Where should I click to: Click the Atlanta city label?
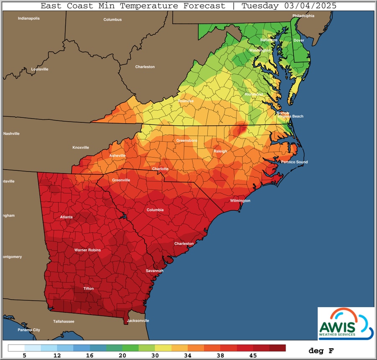click(66, 217)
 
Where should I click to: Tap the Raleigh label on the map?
click(220, 151)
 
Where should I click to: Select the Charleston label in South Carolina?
click(184, 243)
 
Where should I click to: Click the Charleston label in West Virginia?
click(145, 67)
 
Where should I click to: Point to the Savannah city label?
click(154, 271)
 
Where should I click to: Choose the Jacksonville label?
click(138, 321)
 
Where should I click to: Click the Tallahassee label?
click(63, 321)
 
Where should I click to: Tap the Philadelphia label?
click(303, 16)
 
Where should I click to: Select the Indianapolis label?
click(28, 18)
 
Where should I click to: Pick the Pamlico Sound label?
click(294, 162)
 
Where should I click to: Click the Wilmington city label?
click(240, 201)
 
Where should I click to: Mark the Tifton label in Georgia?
click(88, 289)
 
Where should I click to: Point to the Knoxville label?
click(80, 148)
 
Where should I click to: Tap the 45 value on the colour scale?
click(253, 355)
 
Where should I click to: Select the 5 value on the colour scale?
click(25, 355)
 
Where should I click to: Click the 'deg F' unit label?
click(322, 350)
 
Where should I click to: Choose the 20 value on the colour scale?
click(122, 355)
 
